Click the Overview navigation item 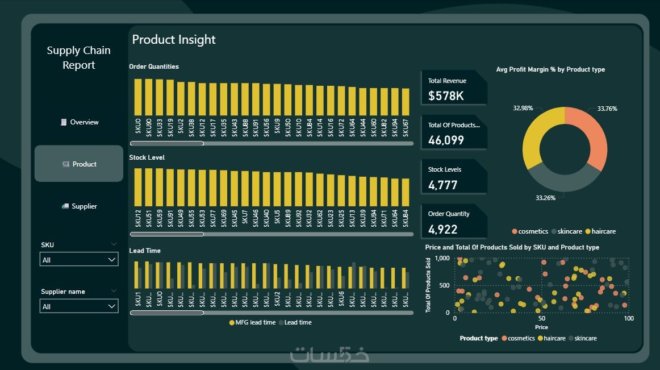(80, 122)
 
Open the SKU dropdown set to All (79, 260)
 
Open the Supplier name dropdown (79, 306)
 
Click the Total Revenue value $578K (446, 96)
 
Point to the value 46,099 (446, 140)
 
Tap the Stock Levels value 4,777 (442, 185)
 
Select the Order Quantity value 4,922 (442, 230)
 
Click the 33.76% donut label (607, 109)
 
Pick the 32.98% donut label (523, 108)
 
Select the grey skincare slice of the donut (562, 182)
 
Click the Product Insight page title (174, 40)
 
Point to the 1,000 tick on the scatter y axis (442, 258)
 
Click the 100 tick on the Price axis (628, 319)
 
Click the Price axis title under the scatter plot (541, 327)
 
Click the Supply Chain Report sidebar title (78, 57)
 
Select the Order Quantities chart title (154, 66)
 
